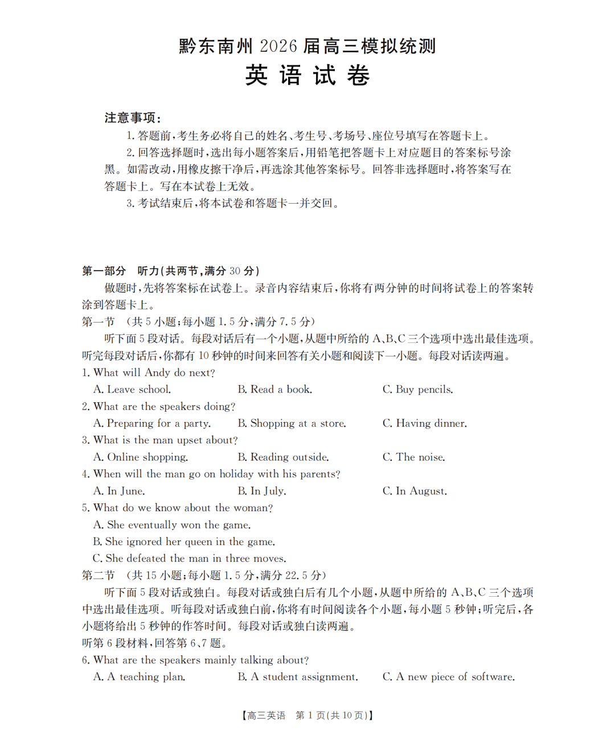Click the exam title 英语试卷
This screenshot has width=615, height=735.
pyautogui.click(x=307, y=76)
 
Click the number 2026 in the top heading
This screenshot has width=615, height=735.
pyautogui.click(x=278, y=46)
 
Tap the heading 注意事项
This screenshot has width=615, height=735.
pyautogui.click(x=132, y=118)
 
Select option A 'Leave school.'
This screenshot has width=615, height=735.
pyautogui.click(x=132, y=390)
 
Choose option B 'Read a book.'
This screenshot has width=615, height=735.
pyautogui.click(x=275, y=390)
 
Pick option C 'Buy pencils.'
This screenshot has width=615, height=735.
pyautogui.click(x=418, y=390)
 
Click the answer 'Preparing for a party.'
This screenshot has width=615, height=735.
pyautogui.click(x=152, y=423)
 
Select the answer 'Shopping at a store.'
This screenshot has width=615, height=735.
pyautogui.click(x=292, y=423)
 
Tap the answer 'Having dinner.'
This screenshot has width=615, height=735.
pyautogui.click(x=425, y=423)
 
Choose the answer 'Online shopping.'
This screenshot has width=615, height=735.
pyautogui.click(x=141, y=457)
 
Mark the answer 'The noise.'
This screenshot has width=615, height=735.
pyautogui.click(x=414, y=457)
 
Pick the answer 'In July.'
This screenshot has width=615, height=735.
pyautogui.click(x=262, y=491)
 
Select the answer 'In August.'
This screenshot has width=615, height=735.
pyautogui.click(x=415, y=491)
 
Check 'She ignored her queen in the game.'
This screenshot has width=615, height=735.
pyautogui.click(x=184, y=542)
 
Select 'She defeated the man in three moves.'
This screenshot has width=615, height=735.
pyautogui.click(x=190, y=559)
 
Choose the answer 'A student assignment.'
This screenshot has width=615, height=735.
pyautogui.click(x=298, y=677)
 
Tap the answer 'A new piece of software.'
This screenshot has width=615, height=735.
pyautogui.click(x=449, y=677)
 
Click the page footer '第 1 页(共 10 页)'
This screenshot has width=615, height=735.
pyautogui.click(x=334, y=716)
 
